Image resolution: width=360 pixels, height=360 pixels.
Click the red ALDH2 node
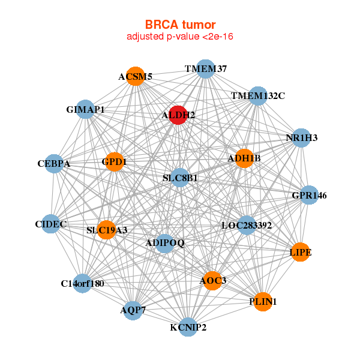point(178,115)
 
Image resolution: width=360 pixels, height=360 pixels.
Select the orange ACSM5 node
point(136,76)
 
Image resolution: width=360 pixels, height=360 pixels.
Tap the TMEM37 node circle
point(206,68)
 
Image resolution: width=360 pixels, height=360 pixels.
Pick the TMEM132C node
point(257,95)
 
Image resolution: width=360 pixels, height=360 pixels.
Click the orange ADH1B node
point(244,158)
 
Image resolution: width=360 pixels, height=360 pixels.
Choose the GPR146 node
point(308,195)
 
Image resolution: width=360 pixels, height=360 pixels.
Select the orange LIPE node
point(300,252)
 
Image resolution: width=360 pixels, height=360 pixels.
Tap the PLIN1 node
point(262,301)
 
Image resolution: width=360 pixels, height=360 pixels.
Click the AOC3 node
point(212,280)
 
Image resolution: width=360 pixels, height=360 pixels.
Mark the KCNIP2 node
point(188,327)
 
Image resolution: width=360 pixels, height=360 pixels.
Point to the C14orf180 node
point(82,283)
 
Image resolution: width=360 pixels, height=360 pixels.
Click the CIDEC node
point(51,224)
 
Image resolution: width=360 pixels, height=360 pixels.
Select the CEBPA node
point(54,163)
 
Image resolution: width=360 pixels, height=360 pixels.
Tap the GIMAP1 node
point(86,109)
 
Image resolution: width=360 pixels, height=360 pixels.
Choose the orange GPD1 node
point(114,161)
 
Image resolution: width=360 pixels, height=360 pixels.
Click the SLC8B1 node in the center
point(180,178)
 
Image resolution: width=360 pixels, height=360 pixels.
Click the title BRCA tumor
point(180,25)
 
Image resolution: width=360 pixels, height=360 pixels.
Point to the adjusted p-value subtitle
point(180,37)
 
